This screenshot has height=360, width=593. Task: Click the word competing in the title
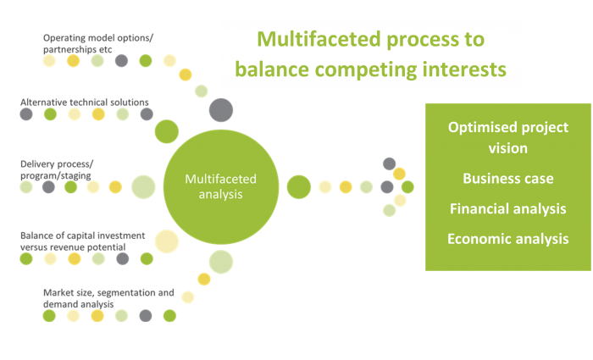[365, 70]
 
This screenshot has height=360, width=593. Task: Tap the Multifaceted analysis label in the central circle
[221, 186]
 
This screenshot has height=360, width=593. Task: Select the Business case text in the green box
[508, 178]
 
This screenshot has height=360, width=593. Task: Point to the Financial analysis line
[508, 208]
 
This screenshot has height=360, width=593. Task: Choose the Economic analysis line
[508, 239]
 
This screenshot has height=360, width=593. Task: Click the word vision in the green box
[508, 148]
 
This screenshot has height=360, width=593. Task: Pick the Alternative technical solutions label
[85, 102]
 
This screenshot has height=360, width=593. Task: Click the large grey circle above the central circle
[221, 110]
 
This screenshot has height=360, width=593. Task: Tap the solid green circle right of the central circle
[299, 187]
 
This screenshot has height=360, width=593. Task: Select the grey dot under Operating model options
[121, 60]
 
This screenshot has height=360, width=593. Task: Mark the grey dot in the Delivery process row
[48, 187]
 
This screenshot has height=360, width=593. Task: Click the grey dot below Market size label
[146, 316]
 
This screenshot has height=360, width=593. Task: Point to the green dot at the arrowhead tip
[407, 187]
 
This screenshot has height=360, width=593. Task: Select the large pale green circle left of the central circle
[143, 187]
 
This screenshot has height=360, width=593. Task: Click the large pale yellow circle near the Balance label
[167, 241]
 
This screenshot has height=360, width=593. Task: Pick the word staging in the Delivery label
[76, 176]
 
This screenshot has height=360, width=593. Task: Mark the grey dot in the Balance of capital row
[123, 258]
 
